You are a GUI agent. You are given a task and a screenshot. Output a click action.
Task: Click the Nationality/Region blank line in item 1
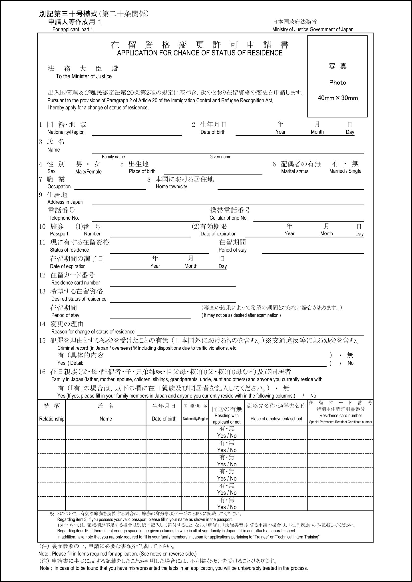point(137,133)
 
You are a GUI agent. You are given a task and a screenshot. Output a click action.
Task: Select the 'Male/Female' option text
point(88,172)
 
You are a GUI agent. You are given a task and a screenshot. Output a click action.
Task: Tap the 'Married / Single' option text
point(345,171)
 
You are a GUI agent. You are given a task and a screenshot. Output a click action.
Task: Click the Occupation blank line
point(110,187)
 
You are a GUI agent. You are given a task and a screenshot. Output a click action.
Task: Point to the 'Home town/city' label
point(171,187)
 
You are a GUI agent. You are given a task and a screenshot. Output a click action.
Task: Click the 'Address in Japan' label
point(65,202)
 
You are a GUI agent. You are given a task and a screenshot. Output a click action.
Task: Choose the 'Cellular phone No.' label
point(228,218)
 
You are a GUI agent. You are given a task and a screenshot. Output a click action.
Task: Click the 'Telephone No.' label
point(64,218)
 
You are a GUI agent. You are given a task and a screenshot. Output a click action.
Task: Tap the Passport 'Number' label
point(92,234)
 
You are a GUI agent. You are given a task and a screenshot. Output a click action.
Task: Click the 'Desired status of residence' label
point(79,299)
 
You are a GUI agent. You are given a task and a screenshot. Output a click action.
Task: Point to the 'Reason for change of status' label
point(93,332)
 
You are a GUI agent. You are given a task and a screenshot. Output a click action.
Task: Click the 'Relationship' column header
point(52,419)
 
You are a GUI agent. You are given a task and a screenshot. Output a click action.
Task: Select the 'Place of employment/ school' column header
point(276,419)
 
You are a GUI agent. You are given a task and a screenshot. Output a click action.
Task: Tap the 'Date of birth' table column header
point(164,419)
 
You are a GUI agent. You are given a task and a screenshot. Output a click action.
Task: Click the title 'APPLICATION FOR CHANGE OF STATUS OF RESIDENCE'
point(200,53)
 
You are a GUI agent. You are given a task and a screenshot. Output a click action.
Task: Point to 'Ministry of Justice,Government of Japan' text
point(313,29)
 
